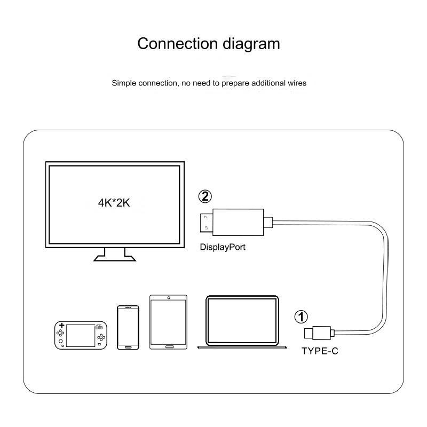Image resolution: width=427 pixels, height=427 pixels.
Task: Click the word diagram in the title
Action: point(250,43)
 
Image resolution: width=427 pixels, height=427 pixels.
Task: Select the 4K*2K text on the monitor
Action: point(114,202)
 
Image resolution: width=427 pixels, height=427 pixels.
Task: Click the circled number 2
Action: point(205,196)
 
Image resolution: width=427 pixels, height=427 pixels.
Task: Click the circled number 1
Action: point(302,318)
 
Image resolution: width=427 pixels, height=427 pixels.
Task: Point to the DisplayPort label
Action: point(223,247)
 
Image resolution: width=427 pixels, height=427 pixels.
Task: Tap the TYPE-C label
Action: point(320,351)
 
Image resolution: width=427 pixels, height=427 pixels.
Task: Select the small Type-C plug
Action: point(318,333)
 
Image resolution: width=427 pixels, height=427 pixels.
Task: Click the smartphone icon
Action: point(128,327)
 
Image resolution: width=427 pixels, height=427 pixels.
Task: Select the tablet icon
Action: point(169,322)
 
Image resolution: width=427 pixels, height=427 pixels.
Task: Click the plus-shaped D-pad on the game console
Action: point(62,325)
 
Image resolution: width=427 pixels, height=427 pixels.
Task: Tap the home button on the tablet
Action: point(169,346)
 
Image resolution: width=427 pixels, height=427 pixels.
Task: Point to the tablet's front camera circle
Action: point(169,298)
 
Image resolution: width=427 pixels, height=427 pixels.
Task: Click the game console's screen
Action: point(80,333)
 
